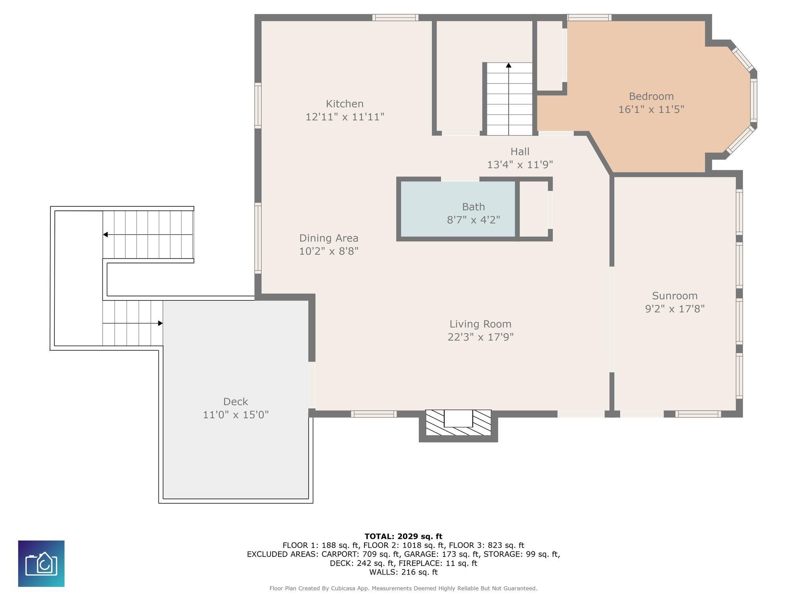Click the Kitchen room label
point(344,104)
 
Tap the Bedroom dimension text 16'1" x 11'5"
point(651,109)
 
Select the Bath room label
point(473,206)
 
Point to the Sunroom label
point(675,295)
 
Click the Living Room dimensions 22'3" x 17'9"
point(480,337)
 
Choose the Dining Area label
point(329,238)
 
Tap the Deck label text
point(236,401)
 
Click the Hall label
point(520,151)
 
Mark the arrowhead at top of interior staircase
point(509,65)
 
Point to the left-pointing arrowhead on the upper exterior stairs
point(106,235)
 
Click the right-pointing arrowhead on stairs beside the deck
point(160,323)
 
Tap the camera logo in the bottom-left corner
point(41,564)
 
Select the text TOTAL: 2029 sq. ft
point(403,536)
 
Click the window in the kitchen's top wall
point(395,17)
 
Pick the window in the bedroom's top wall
point(589,17)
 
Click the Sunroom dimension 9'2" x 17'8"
point(675,308)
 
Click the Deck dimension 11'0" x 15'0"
point(236,414)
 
